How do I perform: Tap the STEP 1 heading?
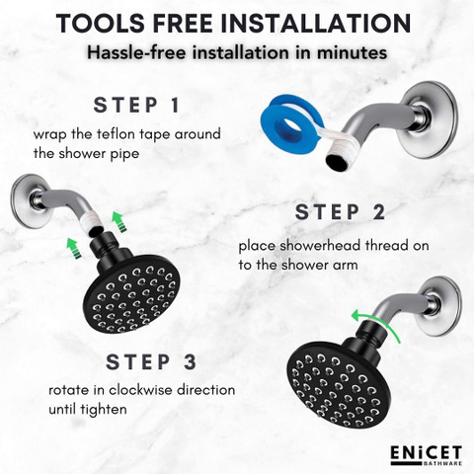[x=136, y=106]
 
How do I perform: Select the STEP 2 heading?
[x=340, y=212]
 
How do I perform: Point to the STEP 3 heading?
[x=151, y=361]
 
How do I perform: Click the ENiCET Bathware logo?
[x=427, y=455]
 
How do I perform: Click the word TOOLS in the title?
[x=101, y=24]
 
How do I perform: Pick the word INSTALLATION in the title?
[x=316, y=24]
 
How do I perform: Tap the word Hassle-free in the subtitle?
[x=136, y=52]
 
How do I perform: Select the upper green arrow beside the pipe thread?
[x=118, y=222]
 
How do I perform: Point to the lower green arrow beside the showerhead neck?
[x=74, y=248]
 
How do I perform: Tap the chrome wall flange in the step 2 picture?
[x=31, y=201]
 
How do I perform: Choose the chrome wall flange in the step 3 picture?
[x=441, y=306]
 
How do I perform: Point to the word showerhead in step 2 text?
[x=318, y=246]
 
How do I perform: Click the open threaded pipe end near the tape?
[x=337, y=162]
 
